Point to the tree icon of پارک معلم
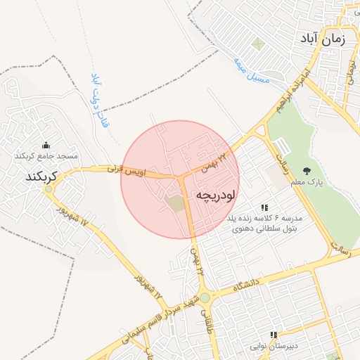[307, 171]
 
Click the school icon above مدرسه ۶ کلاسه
[264, 207]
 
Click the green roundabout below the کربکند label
[47, 188]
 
